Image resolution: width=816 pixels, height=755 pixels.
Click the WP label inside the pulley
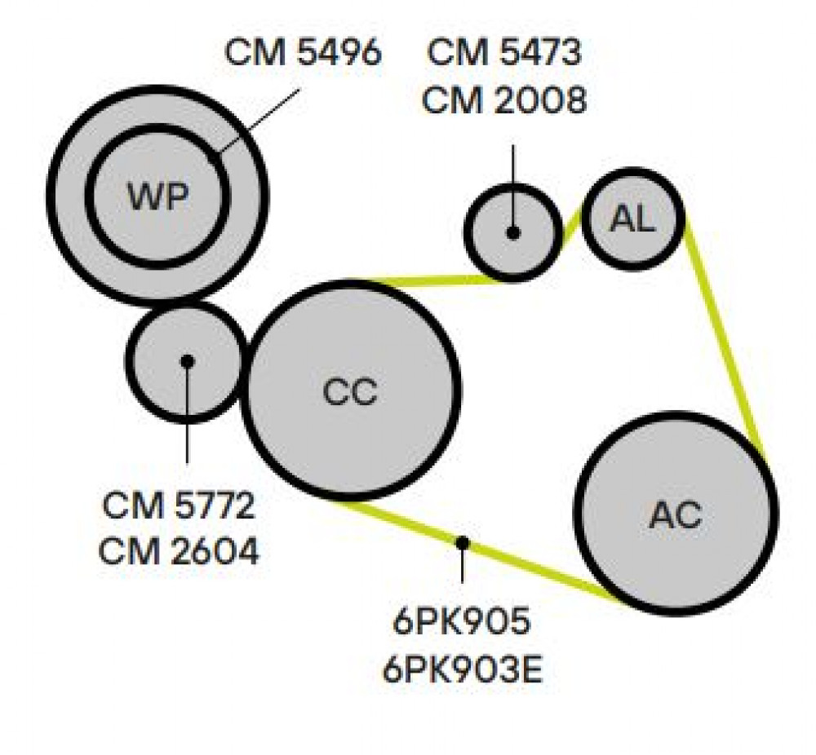[157, 196]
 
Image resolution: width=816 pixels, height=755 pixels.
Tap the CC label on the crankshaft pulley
[350, 391]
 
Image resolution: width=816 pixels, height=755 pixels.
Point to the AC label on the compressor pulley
[676, 514]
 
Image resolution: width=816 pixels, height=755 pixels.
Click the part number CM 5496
[304, 52]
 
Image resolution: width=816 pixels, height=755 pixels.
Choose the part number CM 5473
[503, 52]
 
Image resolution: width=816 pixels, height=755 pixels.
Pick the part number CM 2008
[503, 99]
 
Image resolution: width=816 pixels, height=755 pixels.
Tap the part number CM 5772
[179, 505]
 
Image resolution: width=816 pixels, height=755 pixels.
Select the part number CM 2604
[179, 551]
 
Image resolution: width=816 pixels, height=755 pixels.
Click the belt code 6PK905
[462, 620]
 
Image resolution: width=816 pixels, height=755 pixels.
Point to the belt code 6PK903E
[463, 669]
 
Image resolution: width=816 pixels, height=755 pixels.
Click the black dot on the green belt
[462, 543]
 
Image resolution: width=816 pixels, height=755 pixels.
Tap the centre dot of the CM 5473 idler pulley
[513, 233]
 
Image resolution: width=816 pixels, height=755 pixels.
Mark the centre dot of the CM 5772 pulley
[187, 361]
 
